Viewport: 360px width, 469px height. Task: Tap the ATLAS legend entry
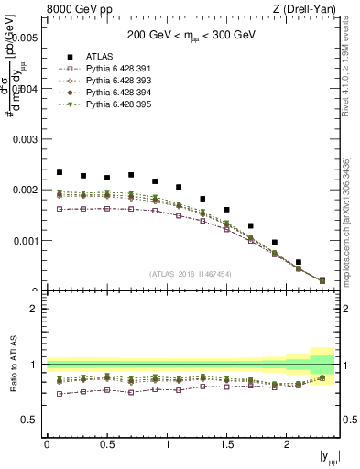(x=102, y=56)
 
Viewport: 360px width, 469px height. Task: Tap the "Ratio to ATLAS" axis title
(x=11, y=365)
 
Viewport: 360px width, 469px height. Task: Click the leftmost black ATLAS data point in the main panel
(x=60, y=172)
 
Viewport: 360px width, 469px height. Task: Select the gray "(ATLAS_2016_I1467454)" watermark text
(x=191, y=274)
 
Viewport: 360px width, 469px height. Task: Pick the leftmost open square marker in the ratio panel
(x=60, y=394)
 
